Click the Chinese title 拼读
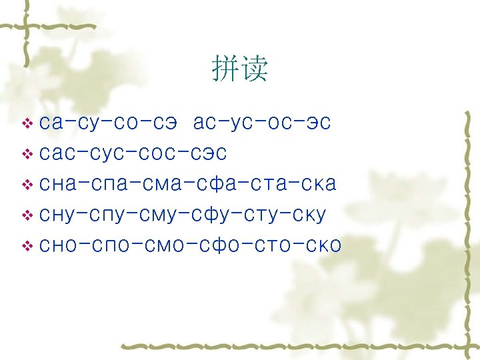(240, 69)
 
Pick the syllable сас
(59, 154)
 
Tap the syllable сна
(59, 184)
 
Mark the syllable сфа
(209, 184)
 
